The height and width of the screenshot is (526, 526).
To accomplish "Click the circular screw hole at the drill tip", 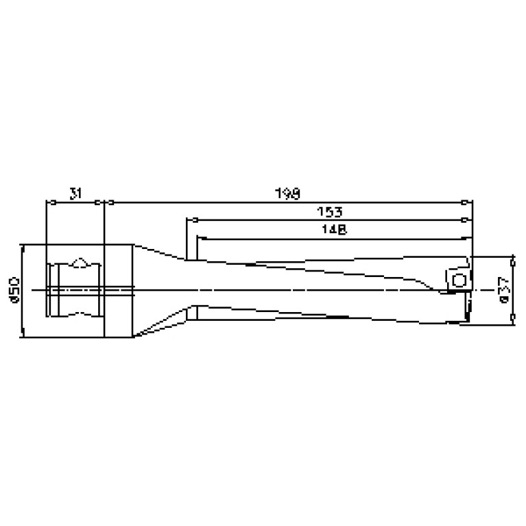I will (x=459, y=279).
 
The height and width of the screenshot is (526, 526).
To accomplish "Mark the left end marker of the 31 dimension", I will (x=49, y=202).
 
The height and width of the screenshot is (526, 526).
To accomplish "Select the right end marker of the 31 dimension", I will (x=99, y=202).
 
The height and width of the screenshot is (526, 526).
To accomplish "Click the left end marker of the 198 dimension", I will (x=108, y=202).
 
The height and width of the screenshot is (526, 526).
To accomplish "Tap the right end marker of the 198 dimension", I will (x=466, y=202).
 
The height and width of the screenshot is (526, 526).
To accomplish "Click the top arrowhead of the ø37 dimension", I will (x=512, y=261).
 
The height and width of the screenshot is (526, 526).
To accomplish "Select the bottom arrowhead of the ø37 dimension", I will (x=512, y=318).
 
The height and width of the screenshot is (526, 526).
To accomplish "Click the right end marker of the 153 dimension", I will (x=466, y=220).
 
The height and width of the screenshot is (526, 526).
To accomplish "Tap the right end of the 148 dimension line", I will (x=468, y=238).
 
